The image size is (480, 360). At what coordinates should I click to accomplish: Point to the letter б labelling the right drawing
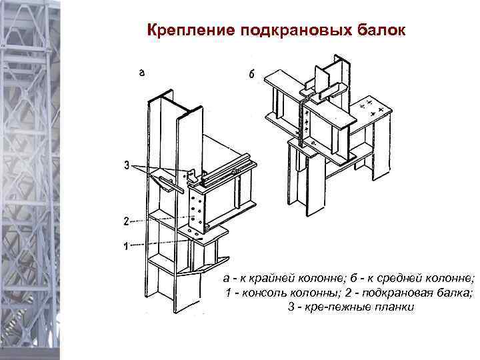251,75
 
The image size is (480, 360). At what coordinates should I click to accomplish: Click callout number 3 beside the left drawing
126,165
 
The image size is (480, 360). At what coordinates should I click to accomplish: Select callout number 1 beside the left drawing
125,247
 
